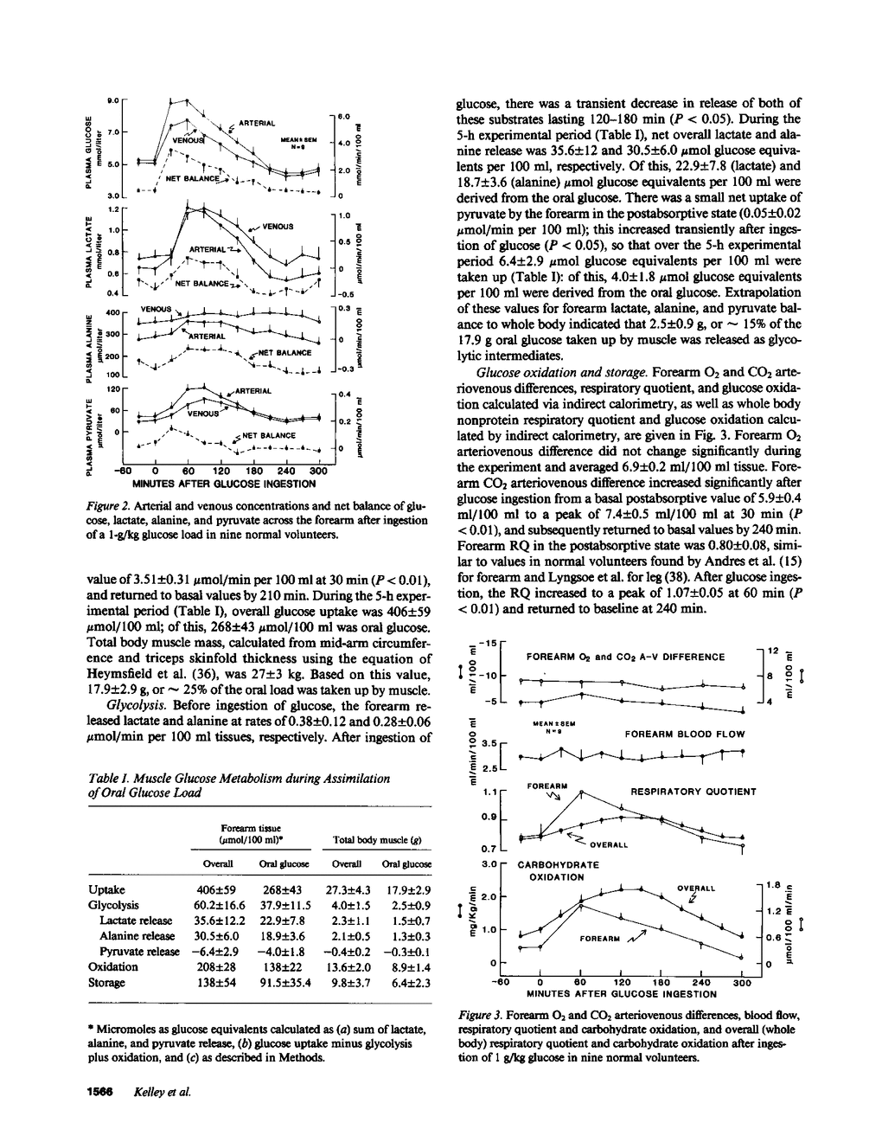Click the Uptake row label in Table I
point(107,889)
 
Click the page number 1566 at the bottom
point(101,1090)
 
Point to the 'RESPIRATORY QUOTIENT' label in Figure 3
point(693,791)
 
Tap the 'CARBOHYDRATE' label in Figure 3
point(558,863)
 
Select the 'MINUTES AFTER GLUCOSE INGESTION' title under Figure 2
point(223,484)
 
